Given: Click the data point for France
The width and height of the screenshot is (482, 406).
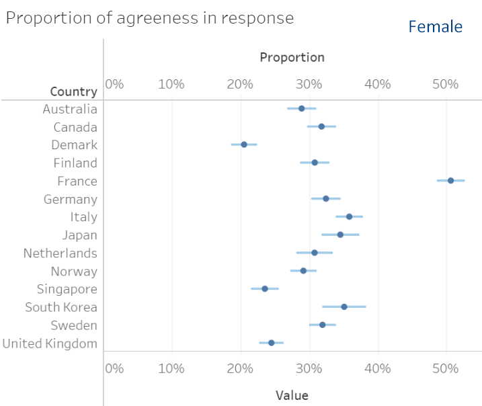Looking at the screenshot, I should point(450,180).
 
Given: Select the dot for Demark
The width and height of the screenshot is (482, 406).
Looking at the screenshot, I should point(244,145).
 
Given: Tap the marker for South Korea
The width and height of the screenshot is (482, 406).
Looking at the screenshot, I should point(344,307).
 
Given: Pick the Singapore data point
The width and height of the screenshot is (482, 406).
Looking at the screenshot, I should point(265,288).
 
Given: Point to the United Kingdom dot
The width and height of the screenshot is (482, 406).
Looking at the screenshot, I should point(272,342).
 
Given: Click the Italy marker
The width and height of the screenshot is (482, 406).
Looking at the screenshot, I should point(349,216).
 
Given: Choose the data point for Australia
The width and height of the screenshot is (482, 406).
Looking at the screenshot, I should point(301,108).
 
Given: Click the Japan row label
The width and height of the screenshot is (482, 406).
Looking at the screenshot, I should point(79,235).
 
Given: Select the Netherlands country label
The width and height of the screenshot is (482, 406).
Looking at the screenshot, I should point(60,253).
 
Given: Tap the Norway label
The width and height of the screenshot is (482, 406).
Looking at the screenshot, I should point(74,272).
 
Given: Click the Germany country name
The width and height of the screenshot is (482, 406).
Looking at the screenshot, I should point(70,199).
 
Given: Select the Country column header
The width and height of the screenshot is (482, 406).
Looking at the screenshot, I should point(73,91).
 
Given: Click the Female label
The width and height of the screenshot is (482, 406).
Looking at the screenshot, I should point(435,27).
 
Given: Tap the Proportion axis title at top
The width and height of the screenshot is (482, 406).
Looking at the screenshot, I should point(292,57).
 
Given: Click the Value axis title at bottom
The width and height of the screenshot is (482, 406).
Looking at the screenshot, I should point(292,395).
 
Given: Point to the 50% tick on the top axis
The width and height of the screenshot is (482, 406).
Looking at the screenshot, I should point(445,84).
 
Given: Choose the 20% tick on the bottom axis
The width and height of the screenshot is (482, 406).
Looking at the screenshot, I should point(240,368).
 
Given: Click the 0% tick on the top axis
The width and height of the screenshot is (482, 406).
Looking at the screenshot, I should point(114,84).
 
